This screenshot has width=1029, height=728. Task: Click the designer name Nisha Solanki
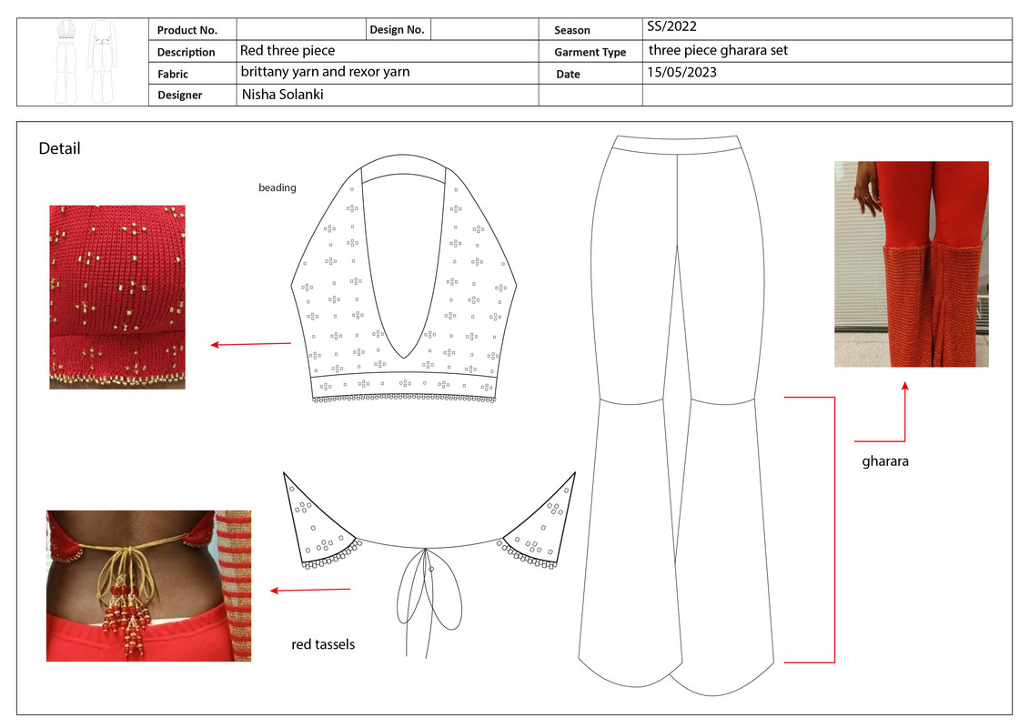(x=282, y=95)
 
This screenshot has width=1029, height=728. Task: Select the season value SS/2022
(x=671, y=27)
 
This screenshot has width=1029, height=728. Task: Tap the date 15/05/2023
(x=681, y=73)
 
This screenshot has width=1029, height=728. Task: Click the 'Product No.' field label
(x=187, y=30)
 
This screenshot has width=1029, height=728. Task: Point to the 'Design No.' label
(x=397, y=30)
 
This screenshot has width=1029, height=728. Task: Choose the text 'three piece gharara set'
(x=718, y=50)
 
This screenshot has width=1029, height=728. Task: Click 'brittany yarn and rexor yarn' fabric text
(x=325, y=72)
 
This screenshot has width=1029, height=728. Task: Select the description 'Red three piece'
(x=287, y=50)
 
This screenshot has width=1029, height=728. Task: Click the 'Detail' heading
(x=59, y=148)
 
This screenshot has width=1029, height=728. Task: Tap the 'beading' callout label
(x=277, y=188)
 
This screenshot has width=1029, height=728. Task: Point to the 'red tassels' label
(x=323, y=644)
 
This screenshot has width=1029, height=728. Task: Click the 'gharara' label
(x=885, y=461)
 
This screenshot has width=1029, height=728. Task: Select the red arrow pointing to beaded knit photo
(x=250, y=344)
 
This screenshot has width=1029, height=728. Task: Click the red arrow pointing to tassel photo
(x=309, y=590)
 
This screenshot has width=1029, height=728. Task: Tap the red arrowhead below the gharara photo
(x=904, y=387)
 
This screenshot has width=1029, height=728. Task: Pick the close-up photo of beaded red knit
(x=117, y=297)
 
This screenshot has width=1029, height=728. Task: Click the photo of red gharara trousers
(x=911, y=264)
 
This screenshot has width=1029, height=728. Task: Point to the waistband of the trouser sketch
(x=677, y=144)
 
